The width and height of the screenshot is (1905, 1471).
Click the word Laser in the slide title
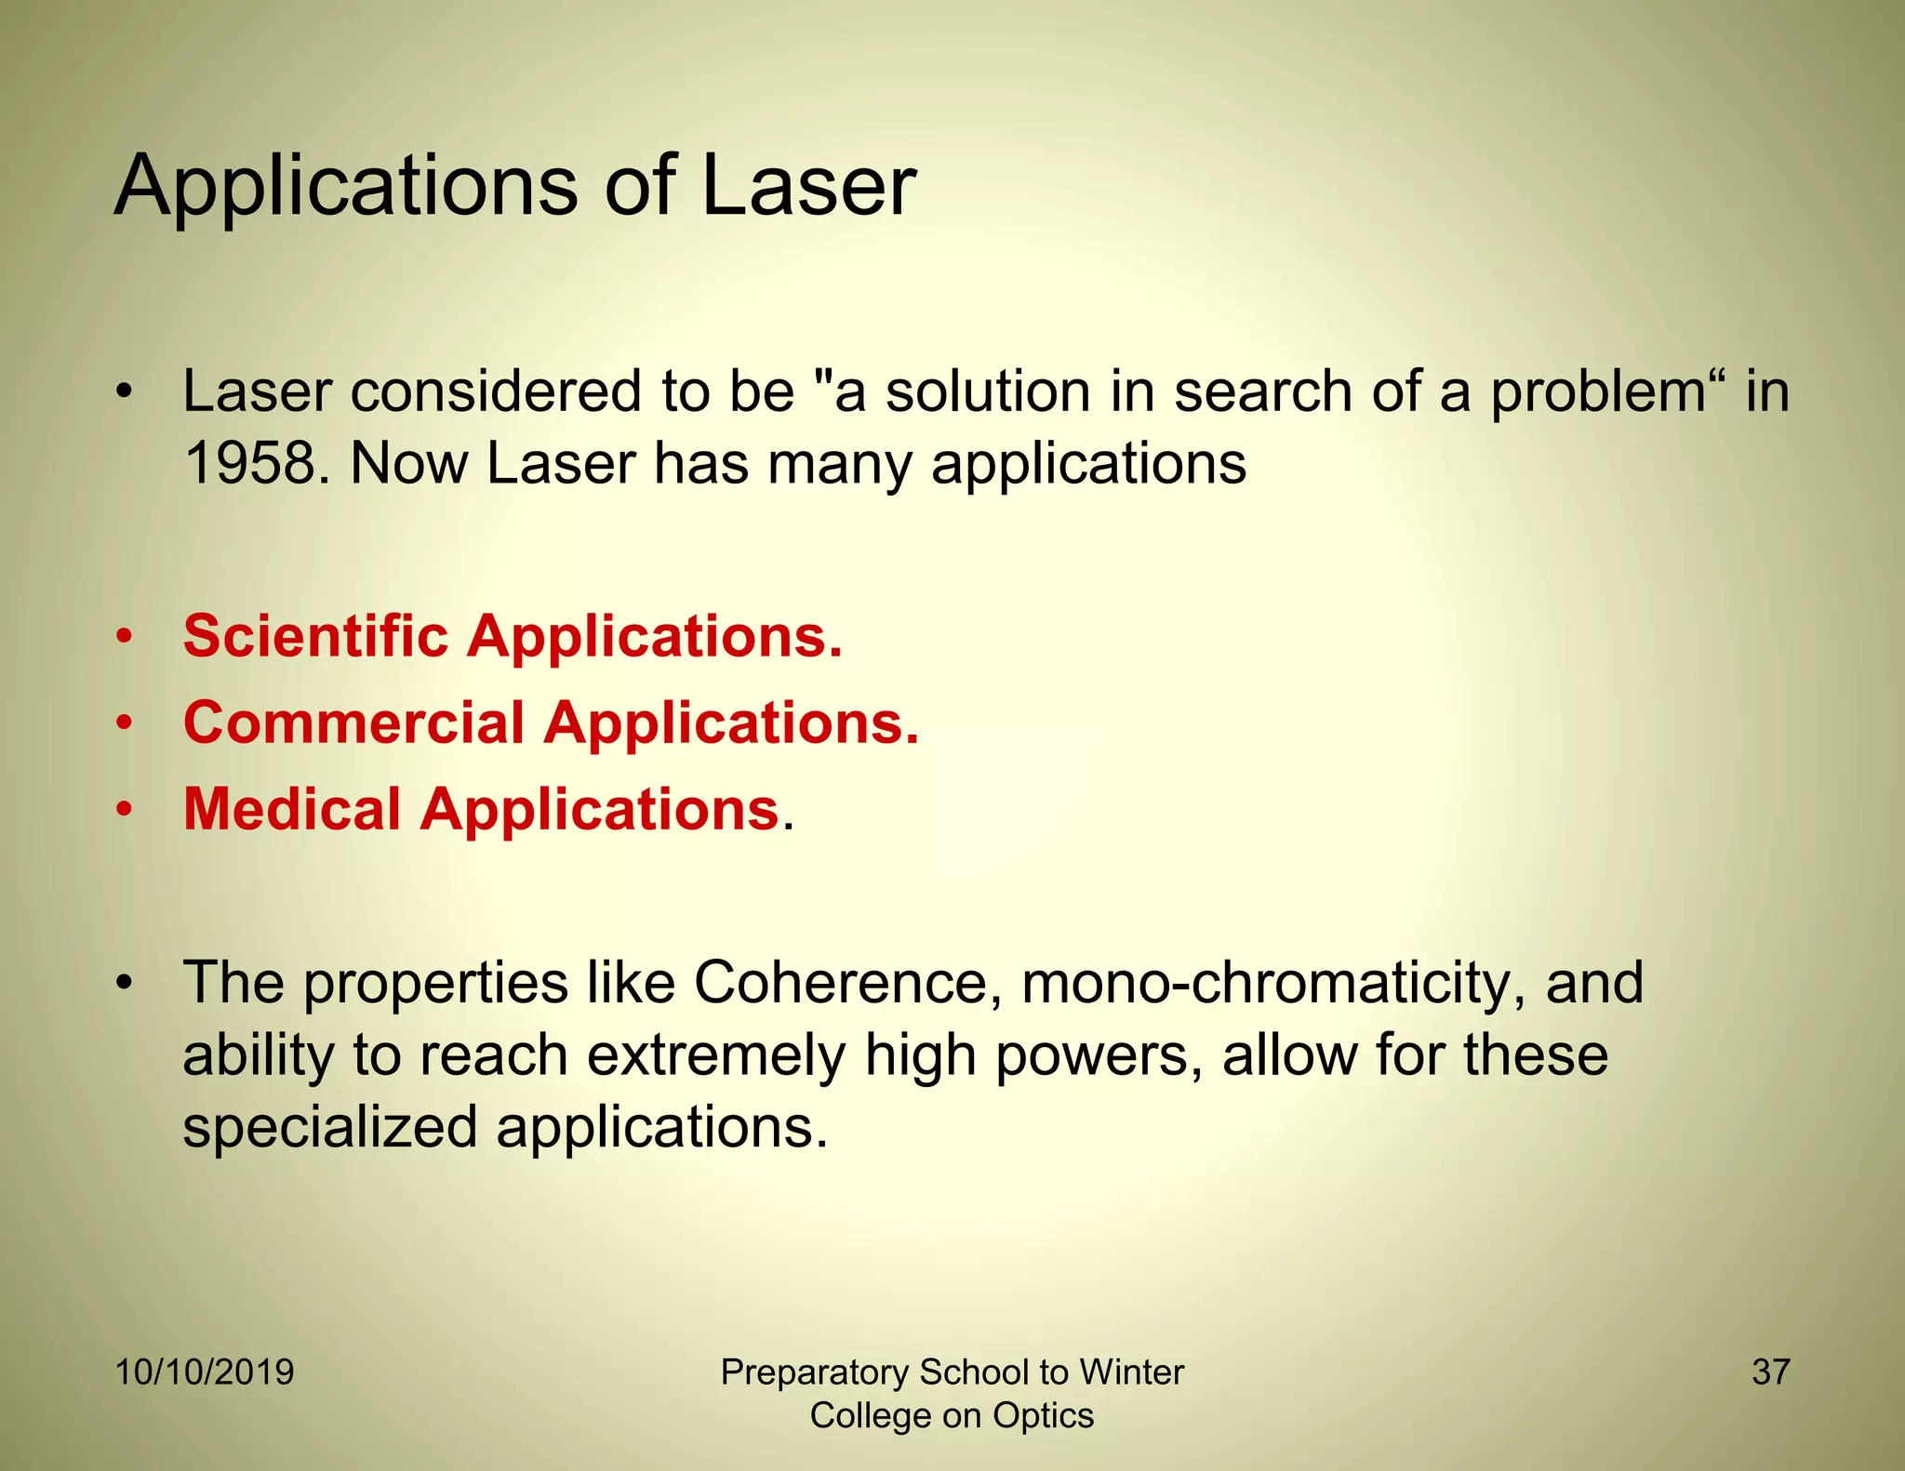point(807,186)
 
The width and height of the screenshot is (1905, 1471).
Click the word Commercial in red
point(354,722)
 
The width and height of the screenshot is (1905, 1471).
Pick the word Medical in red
point(292,809)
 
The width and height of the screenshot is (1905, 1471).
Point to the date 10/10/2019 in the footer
point(205,1372)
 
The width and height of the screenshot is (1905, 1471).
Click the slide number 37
point(1770,1372)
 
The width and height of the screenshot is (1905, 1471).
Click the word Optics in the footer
point(1043,1416)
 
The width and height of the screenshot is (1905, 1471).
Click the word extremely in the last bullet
point(716,1056)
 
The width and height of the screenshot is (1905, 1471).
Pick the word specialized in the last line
point(330,1128)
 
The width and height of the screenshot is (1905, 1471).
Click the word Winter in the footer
point(1130,1372)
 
